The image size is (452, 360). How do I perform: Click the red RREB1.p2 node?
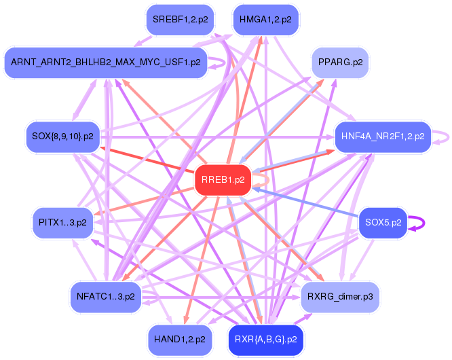click(x=223, y=180)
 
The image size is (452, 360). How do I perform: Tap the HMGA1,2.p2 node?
click(x=265, y=19)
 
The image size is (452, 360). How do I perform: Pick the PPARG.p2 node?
click(x=339, y=62)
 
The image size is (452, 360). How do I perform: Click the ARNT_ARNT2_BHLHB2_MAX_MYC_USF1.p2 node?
click(x=106, y=62)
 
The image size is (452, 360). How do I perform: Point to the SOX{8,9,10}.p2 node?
click(x=63, y=137)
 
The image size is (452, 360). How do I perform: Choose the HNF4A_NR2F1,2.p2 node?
click(x=383, y=137)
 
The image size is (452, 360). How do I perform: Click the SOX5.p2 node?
click(x=383, y=222)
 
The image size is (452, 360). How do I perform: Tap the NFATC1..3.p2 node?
click(x=106, y=297)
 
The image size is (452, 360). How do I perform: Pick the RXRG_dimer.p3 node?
click(x=339, y=297)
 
